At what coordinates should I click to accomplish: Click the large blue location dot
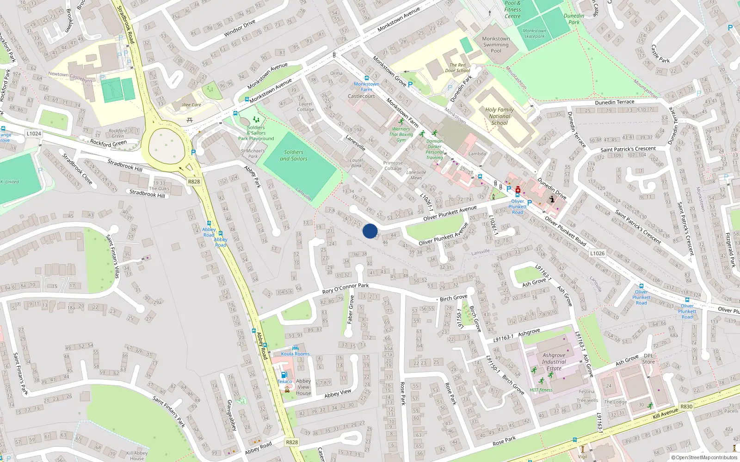pyautogui.click(x=370, y=231)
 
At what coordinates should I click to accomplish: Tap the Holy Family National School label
pyautogui.click(x=499, y=116)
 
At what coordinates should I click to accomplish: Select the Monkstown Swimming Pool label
pyautogui.click(x=496, y=45)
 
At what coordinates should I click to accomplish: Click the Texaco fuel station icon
pyautogui.click(x=284, y=375)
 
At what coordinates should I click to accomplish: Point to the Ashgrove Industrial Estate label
pyautogui.click(x=554, y=362)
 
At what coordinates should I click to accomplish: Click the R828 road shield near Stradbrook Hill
pyautogui.click(x=194, y=182)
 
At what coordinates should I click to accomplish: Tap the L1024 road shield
pyautogui.click(x=34, y=134)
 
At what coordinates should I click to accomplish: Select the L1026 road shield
pyautogui.click(x=597, y=253)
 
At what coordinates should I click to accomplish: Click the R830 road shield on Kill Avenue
pyautogui.click(x=686, y=407)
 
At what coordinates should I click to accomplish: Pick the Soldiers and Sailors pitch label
pyautogui.click(x=294, y=155)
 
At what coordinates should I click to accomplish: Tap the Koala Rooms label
pyautogui.click(x=296, y=354)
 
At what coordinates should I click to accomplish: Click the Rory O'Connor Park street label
pyautogui.click(x=345, y=288)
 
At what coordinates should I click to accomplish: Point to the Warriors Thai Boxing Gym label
pyautogui.click(x=401, y=134)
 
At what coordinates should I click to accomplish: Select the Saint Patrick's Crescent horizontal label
pyautogui.click(x=628, y=149)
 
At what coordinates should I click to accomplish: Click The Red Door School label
pyautogui.click(x=457, y=68)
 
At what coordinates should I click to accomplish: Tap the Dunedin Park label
pyautogui.click(x=574, y=19)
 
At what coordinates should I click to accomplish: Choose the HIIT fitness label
pyautogui.click(x=541, y=390)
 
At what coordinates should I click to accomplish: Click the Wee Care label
pyautogui.click(x=191, y=105)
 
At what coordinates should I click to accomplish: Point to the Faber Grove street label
pyautogui.click(x=351, y=309)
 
